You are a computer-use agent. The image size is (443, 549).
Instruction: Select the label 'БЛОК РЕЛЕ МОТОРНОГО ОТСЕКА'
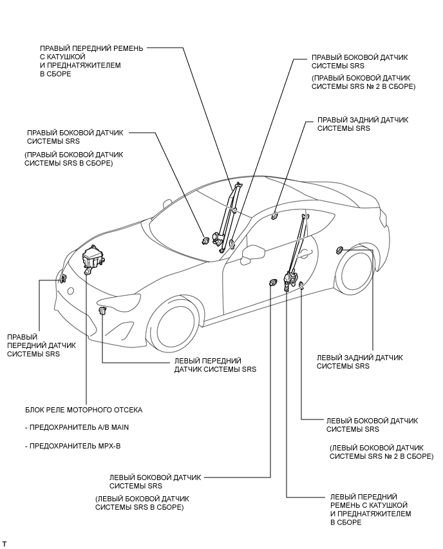(84, 410)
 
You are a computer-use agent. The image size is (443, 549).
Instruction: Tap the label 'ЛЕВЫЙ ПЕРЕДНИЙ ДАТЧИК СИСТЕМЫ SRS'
(215, 365)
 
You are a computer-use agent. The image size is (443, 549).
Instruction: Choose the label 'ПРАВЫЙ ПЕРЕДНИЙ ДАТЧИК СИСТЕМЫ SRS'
(41, 345)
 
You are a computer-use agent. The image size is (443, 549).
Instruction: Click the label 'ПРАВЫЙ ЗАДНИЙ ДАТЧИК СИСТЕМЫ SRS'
(363, 124)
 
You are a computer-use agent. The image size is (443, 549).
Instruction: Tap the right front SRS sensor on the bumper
(64, 279)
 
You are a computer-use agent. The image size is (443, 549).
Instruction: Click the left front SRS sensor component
(102, 312)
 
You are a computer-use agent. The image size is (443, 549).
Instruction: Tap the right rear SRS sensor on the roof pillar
(274, 216)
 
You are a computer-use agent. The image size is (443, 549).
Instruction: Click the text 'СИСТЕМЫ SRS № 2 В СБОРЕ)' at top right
(363, 86)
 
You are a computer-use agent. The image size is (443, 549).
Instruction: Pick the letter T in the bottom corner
(5, 544)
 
